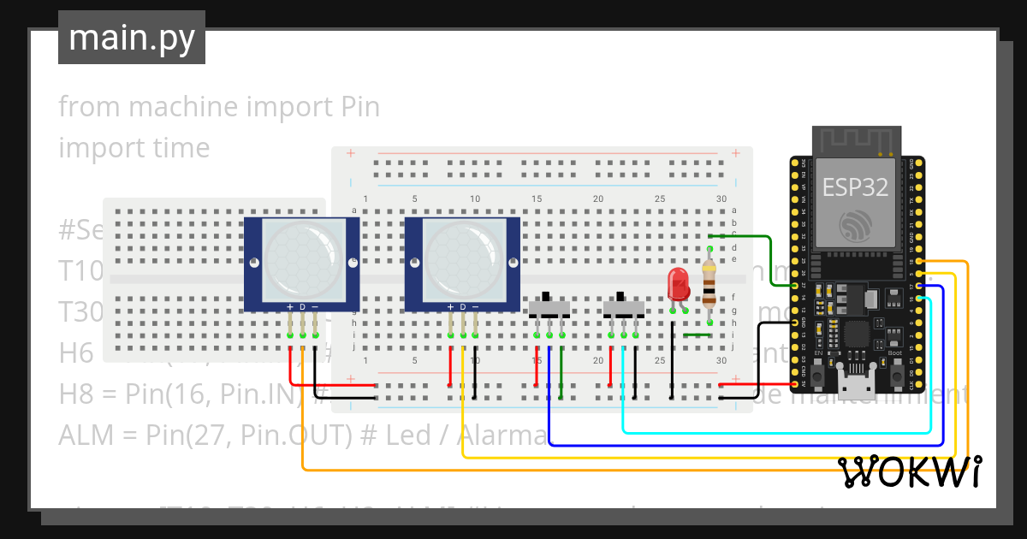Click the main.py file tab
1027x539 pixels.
131,38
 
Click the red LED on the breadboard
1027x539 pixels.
678,283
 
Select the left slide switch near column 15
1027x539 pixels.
549,308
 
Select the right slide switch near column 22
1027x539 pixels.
624,308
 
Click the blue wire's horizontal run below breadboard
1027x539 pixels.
745,445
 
